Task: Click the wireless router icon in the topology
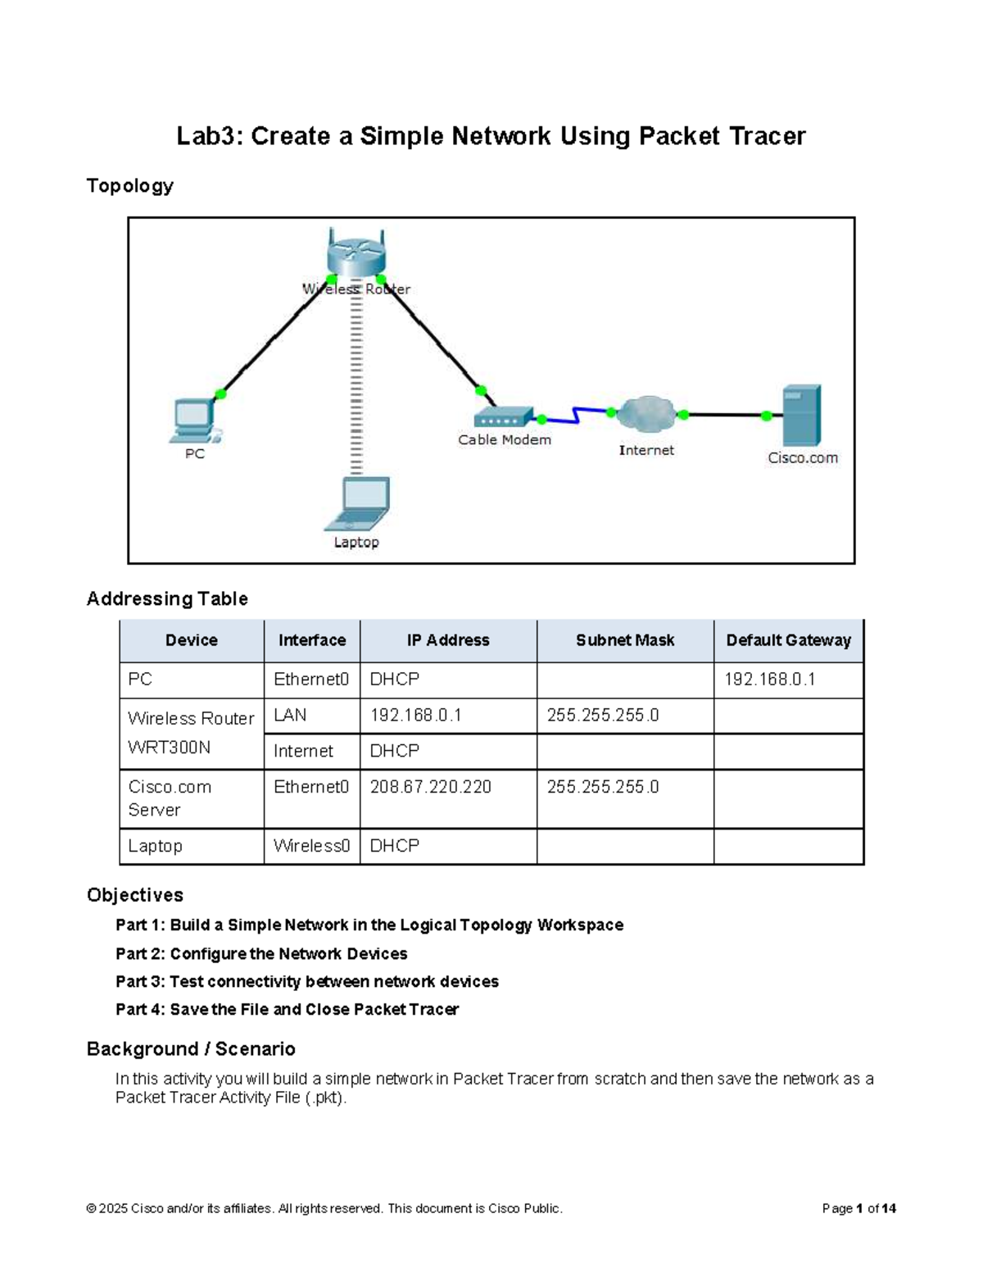[x=356, y=253]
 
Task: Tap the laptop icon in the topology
[x=358, y=505]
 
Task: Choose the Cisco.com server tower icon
[x=801, y=415]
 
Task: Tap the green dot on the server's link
[x=766, y=416]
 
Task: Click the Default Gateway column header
[x=788, y=640]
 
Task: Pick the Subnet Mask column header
[x=624, y=640]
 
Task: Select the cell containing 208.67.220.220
[x=431, y=787]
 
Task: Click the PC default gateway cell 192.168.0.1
[x=769, y=680]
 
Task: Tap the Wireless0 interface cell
[x=311, y=846]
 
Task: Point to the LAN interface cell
[x=291, y=716]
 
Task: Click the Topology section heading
[x=130, y=186]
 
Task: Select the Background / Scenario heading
[x=191, y=1049]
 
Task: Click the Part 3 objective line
[x=307, y=981]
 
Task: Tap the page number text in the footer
[x=858, y=1208]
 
